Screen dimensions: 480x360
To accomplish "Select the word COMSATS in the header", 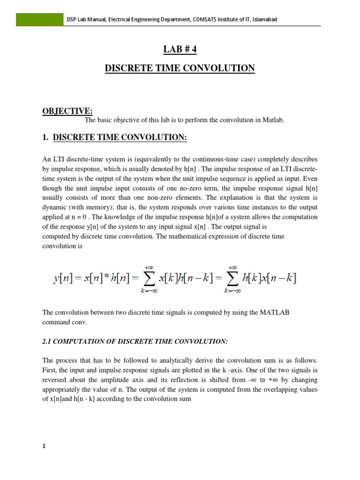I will pos(205,19).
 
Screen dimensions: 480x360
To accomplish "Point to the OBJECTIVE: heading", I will pos(68,111).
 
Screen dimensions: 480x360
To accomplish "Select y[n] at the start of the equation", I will pos(63,278).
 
